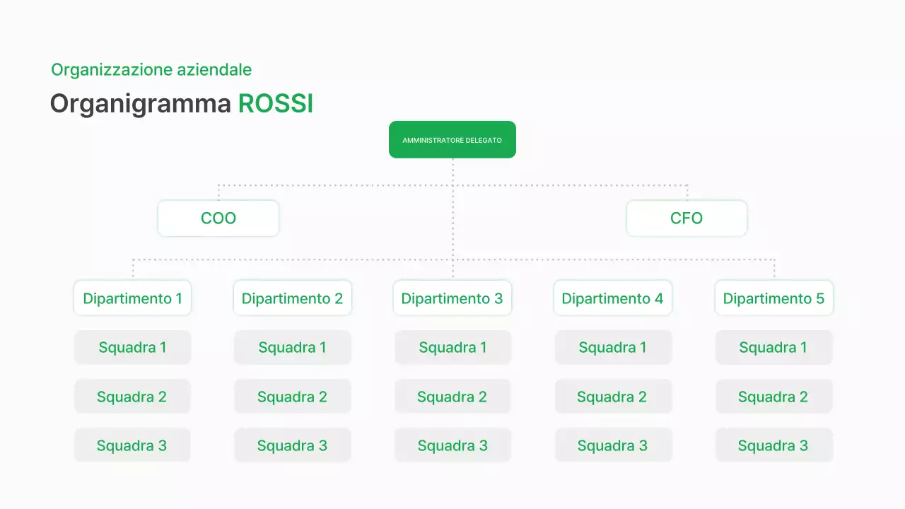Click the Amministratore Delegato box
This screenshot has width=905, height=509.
click(x=452, y=140)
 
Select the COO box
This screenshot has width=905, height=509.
click(x=218, y=218)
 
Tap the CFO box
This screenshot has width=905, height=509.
click(x=687, y=218)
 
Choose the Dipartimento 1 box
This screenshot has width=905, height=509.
click(x=132, y=298)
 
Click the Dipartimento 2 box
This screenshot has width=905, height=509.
click(x=292, y=298)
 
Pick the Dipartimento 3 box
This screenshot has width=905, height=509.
click(x=452, y=298)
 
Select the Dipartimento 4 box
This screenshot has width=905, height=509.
click(x=612, y=298)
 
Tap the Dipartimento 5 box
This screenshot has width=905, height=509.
click(x=773, y=298)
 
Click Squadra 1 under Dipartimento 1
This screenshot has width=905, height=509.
click(x=132, y=347)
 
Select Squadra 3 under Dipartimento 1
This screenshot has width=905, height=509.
click(x=132, y=445)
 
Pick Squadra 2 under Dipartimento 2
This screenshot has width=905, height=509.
click(x=292, y=397)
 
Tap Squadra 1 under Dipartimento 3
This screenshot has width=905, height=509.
click(x=452, y=347)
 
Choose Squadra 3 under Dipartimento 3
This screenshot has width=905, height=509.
click(x=452, y=445)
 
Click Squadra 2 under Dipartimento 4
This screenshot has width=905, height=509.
click(x=612, y=397)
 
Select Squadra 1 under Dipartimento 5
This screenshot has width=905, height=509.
click(x=773, y=347)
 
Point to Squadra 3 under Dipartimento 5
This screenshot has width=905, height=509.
click(x=773, y=445)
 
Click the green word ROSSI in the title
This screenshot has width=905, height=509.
click(x=276, y=104)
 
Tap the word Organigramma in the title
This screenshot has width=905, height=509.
click(x=140, y=105)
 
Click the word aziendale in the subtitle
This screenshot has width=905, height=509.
click(x=214, y=70)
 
